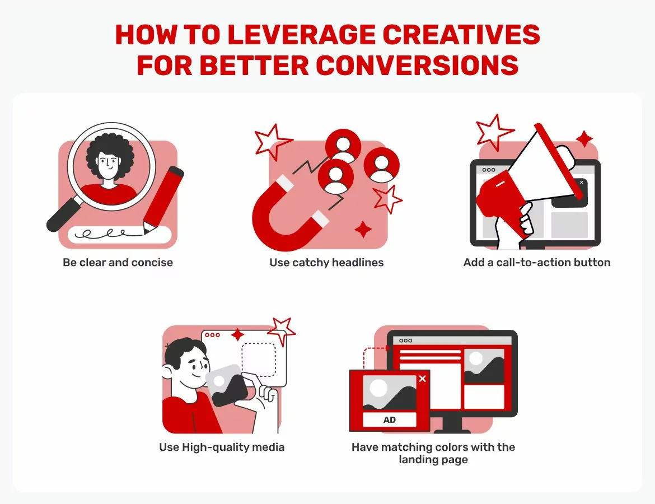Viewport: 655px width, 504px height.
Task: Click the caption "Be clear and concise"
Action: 118,262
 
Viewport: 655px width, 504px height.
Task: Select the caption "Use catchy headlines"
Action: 326,262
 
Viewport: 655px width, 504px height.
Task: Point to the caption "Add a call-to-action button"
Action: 536,262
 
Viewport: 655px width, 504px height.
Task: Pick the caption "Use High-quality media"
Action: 222,447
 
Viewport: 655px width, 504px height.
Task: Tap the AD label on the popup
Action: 390,420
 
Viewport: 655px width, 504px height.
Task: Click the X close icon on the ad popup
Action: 422,379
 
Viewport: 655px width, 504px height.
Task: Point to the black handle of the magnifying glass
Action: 63,216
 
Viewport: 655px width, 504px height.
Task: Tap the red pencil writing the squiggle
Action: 163,199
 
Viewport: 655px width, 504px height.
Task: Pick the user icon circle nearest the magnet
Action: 336,176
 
